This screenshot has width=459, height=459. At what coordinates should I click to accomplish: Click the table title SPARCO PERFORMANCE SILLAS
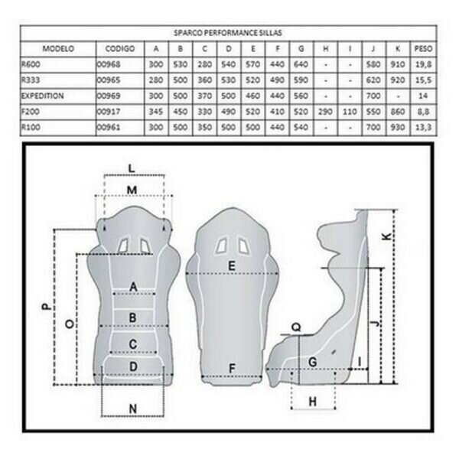[x=228, y=32]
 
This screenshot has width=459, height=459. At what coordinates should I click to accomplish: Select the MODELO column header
[x=58, y=49]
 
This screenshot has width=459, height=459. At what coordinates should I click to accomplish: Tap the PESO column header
[x=423, y=49]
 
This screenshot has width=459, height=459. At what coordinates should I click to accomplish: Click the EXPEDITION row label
[x=42, y=96]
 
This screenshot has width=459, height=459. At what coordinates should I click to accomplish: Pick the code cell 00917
[x=109, y=112]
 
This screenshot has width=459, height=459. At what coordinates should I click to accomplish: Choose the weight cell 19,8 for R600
[x=423, y=64]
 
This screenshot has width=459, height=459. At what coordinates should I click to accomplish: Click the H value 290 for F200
[x=325, y=112]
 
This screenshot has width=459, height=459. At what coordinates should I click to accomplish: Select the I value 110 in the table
[x=350, y=112]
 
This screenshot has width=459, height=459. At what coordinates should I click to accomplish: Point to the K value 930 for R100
[x=398, y=127]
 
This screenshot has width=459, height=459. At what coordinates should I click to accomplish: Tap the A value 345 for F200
[x=156, y=112]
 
